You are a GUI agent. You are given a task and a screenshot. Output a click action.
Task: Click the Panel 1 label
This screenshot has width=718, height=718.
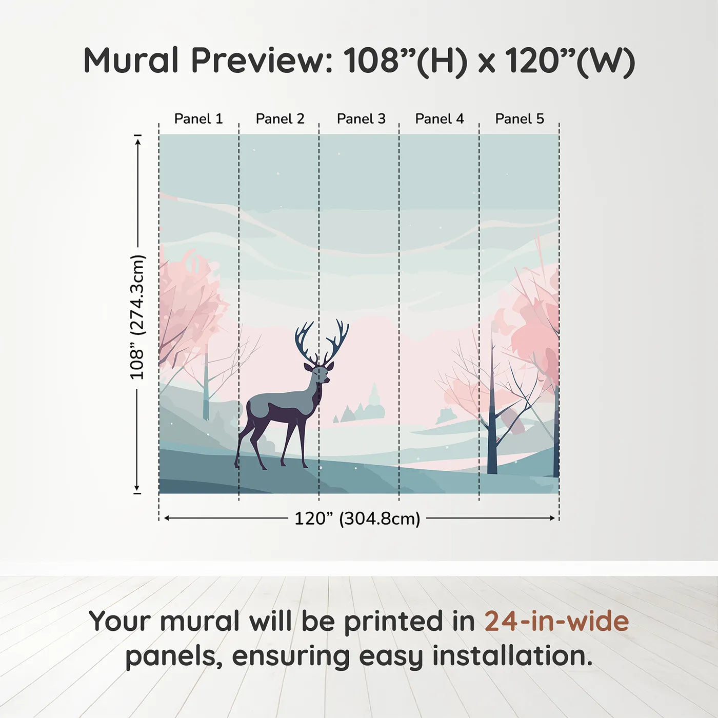pyautogui.click(x=198, y=119)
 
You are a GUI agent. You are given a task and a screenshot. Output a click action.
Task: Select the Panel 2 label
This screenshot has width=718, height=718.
pyautogui.click(x=280, y=119)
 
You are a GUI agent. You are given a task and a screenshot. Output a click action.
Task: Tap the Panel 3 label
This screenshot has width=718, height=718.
pyautogui.click(x=361, y=119)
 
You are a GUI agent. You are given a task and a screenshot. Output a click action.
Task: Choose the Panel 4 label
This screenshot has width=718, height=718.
pyautogui.click(x=440, y=119)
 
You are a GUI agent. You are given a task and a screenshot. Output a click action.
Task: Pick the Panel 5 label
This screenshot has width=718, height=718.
pyautogui.click(x=520, y=119)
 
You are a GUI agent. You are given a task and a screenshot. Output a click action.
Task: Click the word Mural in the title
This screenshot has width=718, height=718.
pyautogui.click(x=131, y=61)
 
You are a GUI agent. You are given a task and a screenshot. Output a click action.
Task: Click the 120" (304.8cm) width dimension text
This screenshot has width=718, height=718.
pyautogui.click(x=357, y=518)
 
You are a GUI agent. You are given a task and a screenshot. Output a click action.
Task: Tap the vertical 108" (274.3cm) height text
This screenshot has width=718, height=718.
pyautogui.click(x=137, y=317)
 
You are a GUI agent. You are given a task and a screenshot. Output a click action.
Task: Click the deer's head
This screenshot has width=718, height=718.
pyautogui.click(x=321, y=373)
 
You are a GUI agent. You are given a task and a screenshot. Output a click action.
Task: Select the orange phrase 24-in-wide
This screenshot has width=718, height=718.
pyautogui.click(x=556, y=622)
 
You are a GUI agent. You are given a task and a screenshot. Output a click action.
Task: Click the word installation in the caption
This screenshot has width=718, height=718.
pyautogui.click(x=512, y=656)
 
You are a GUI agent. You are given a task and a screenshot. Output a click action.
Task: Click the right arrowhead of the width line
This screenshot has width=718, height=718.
pyautogui.click(x=552, y=518)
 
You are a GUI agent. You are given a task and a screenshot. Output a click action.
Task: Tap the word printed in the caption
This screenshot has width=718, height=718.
pyautogui.click(x=394, y=622)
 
